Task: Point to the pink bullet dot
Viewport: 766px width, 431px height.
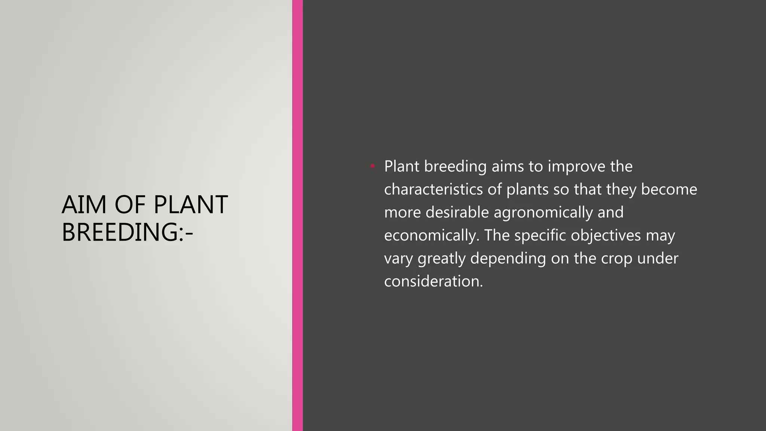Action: pyautogui.click(x=373, y=166)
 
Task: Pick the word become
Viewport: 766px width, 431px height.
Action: pyautogui.click(x=669, y=189)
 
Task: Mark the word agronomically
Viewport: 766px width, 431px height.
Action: pyautogui.click(x=543, y=213)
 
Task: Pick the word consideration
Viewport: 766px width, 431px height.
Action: pyautogui.click(x=433, y=281)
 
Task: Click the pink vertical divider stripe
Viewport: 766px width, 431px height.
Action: pyautogui.click(x=297, y=215)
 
